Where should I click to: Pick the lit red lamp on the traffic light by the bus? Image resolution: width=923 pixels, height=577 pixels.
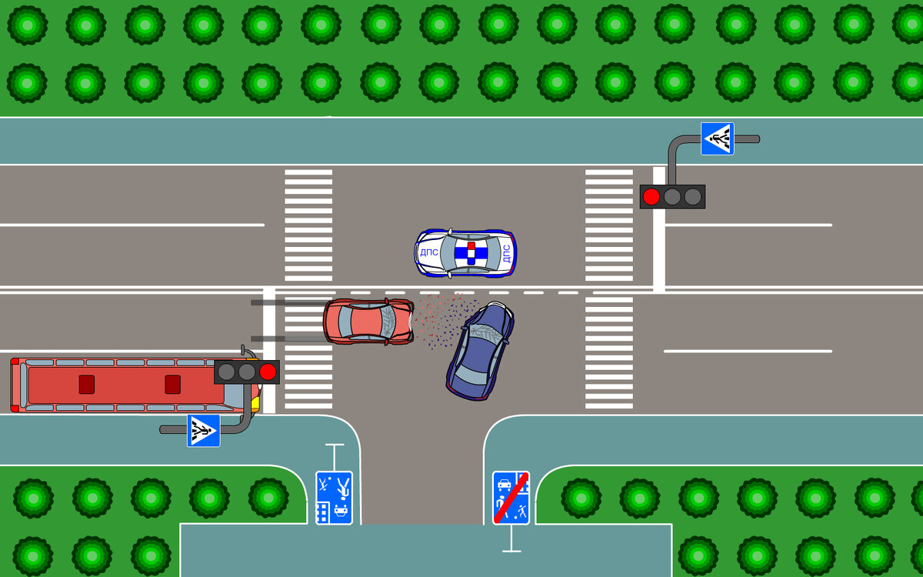(x=268, y=372)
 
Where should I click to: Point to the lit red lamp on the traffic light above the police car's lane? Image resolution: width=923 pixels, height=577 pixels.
(x=651, y=197)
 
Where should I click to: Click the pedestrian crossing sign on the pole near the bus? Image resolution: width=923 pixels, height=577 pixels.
(x=203, y=431)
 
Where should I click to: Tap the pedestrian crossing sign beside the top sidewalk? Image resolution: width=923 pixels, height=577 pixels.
(x=717, y=138)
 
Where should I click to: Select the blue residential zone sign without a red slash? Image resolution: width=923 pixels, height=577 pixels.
(x=334, y=498)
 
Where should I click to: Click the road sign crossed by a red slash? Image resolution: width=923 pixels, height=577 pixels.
(x=511, y=498)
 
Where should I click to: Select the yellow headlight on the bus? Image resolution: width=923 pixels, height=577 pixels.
(x=255, y=402)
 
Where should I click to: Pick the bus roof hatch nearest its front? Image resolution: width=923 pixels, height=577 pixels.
(x=172, y=384)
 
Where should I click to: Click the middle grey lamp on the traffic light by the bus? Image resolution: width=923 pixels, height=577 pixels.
(x=246, y=372)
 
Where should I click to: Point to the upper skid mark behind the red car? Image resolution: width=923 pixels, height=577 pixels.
(x=288, y=303)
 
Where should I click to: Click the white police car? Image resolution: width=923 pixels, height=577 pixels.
(x=466, y=252)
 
